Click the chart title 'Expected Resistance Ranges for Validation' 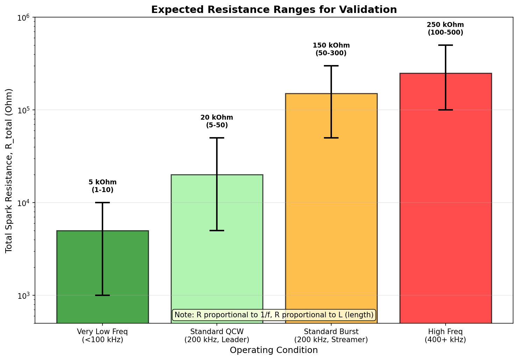274,10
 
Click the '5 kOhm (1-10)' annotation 102,186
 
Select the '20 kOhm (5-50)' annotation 217,121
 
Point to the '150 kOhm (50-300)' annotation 331,49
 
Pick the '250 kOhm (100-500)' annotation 445,29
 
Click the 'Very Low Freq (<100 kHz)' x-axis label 102,336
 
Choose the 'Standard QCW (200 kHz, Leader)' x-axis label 217,336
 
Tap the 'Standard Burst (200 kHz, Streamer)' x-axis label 331,336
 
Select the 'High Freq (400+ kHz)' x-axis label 445,336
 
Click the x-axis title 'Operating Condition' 274,350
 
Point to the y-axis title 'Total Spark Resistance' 9,170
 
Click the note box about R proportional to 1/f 274,315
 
